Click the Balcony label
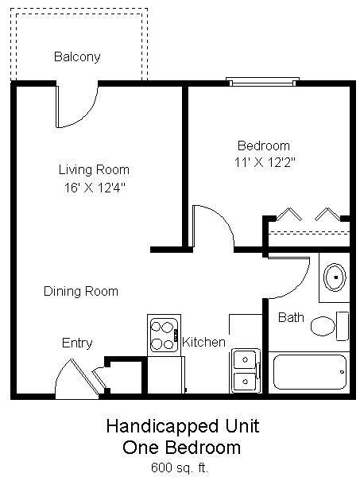click(x=76, y=57)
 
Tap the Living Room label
click(x=94, y=170)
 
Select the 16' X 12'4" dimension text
click(x=94, y=188)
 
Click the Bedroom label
click(x=264, y=146)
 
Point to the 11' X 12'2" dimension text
click(x=264, y=162)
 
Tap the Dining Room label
click(x=80, y=292)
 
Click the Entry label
click(x=77, y=343)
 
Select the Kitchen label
click(x=204, y=343)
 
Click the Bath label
click(x=291, y=318)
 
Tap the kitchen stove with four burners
click(x=164, y=335)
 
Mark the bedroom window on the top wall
click(x=263, y=81)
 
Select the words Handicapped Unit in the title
click(x=182, y=428)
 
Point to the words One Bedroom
click(x=182, y=447)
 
